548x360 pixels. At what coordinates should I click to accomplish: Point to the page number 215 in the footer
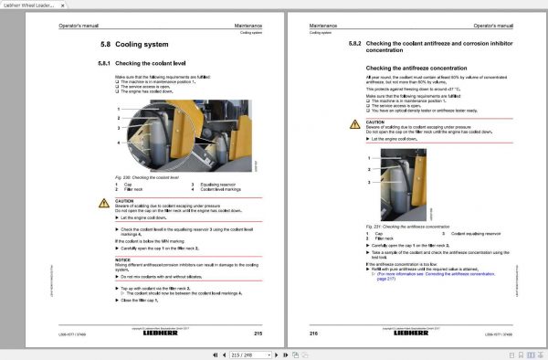pyautogui.click(x=258, y=333)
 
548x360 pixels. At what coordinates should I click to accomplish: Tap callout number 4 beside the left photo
pyautogui.click(x=117, y=143)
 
